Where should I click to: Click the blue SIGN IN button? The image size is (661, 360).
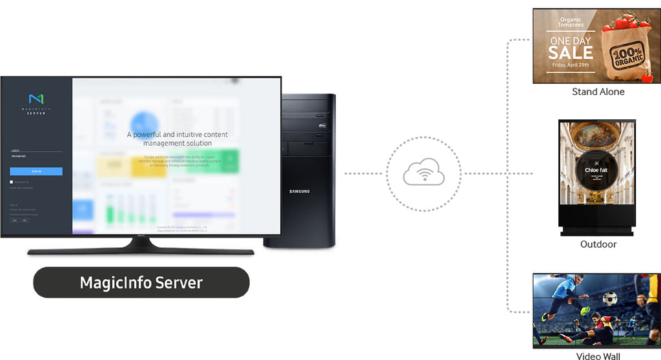pos(36,172)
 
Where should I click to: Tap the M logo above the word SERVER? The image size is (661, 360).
pos(36,99)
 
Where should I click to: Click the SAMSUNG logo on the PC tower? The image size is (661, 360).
pos(299,191)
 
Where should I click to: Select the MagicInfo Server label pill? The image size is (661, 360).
pos(141,283)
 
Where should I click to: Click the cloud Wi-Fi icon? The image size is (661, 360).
pos(423,174)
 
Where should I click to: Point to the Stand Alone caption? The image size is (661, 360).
pos(598,92)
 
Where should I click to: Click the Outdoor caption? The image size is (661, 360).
pos(598,245)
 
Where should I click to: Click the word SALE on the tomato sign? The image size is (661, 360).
pos(570,52)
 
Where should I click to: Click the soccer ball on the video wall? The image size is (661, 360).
pos(609,298)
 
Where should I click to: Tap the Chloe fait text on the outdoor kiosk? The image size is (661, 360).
pos(596,170)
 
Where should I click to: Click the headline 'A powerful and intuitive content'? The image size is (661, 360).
pos(177,135)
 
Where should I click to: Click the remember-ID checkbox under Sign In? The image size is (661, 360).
pos(12,183)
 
